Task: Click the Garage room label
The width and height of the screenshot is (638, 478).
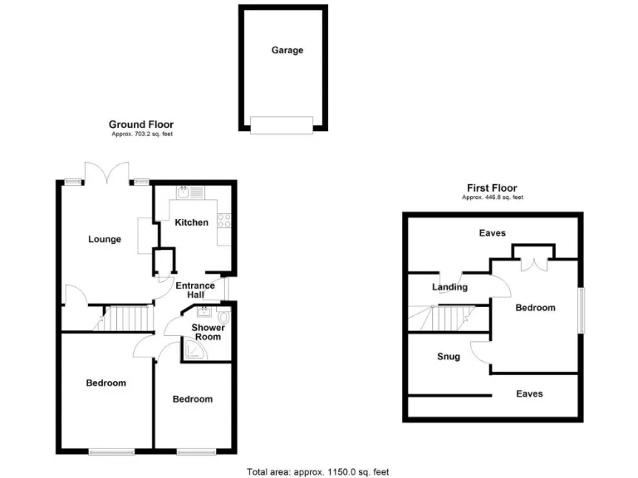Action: coord(287,50)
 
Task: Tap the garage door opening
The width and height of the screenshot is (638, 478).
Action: coord(282,125)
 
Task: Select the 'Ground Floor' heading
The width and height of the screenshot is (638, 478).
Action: coord(141,124)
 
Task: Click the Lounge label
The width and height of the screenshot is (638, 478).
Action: coord(105,240)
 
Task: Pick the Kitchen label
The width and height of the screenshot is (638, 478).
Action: coord(191,222)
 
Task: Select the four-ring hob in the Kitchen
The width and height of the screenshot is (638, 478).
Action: coord(224,221)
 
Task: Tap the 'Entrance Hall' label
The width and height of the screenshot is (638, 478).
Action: coord(195,290)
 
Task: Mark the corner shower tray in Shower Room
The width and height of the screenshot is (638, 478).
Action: coord(193,352)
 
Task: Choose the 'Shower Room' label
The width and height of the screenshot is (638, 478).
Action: coord(208,332)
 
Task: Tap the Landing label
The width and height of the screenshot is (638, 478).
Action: coord(449,287)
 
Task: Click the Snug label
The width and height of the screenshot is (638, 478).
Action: coord(449,357)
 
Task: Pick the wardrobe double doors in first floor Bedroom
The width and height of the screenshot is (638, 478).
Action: coord(532,262)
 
